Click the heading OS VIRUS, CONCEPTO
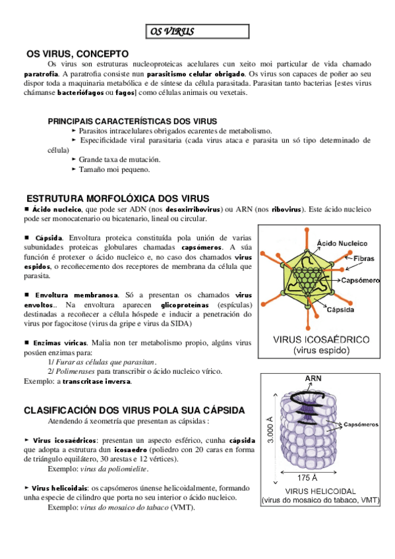(x=77, y=54)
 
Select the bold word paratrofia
(x=41, y=74)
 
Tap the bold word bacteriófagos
(x=80, y=93)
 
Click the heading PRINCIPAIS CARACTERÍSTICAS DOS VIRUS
(x=133, y=121)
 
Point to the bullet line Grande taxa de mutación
(x=119, y=160)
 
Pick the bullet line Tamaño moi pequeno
(x=114, y=169)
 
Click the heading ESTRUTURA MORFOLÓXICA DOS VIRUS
(x=117, y=198)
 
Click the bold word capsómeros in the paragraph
(x=202, y=247)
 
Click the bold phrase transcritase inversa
(x=97, y=382)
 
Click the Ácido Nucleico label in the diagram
(x=342, y=243)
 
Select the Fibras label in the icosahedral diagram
(x=363, y=258)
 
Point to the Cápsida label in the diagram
(x=340, y=310)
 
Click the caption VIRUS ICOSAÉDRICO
(x=321, y=339)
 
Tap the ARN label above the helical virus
(x=313, y=378)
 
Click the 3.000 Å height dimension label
(x=270, y=429)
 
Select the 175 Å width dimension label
(x=307, y=478)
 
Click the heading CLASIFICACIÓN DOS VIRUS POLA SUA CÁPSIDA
(x=135, y=410)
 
